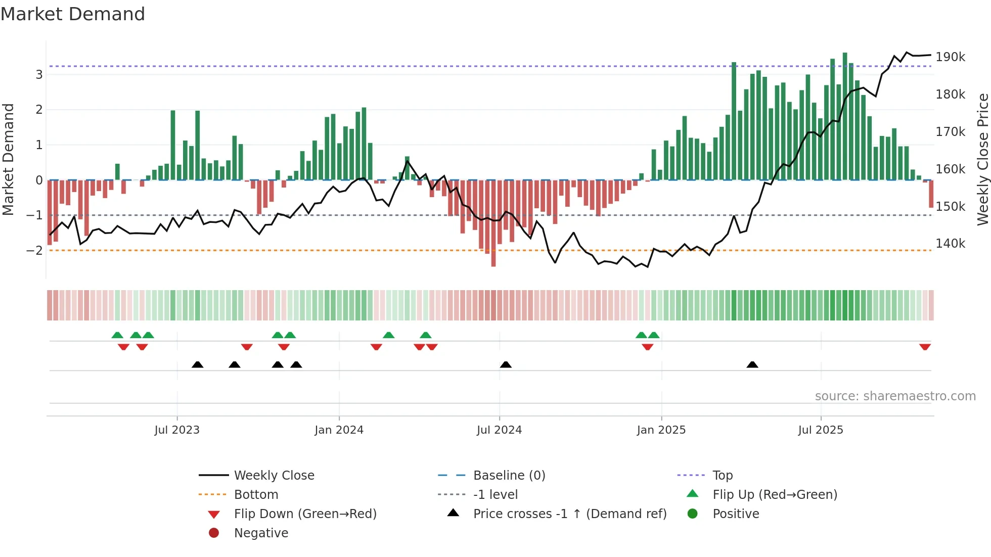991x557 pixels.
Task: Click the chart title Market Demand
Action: [x=73, y=14]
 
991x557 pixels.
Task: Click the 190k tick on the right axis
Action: [x=950, y=57]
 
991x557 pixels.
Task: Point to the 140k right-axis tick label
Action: [x=950, y=244]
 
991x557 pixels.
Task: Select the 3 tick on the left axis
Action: [x=39, y=75]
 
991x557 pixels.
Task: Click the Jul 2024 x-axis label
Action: [x=499, y=430]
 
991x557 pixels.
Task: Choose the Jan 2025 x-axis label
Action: [x=661, y=430]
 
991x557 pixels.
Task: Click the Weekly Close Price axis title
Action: [x=982, y=159]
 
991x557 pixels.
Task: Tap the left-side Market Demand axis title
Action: [x=8, y=159]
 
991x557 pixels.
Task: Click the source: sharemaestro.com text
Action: [x=895, y=396]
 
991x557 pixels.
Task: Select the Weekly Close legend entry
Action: [x=274, y=476]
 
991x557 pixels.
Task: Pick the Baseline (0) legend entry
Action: [x=509, y=476]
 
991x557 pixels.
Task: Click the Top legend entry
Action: [x=722, y=476]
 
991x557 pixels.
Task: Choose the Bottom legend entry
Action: [x=256, y=495]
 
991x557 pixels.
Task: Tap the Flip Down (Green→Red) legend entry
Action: [x=305, y=514]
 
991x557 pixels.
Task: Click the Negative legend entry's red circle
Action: [x=214, y=533]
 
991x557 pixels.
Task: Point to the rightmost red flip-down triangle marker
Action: [x=925, y=347]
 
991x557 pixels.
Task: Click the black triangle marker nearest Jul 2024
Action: [x=506, y=364]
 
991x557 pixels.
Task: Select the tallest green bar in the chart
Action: [x=845, y=116]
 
